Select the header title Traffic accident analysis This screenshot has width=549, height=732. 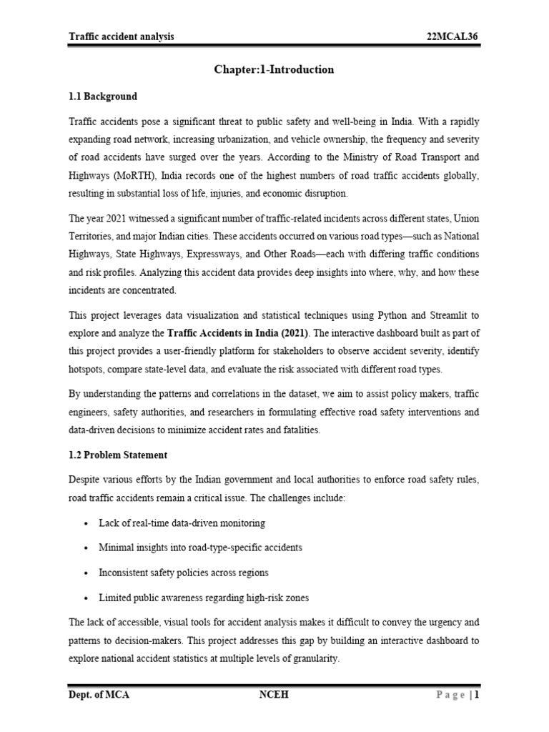point(121,36)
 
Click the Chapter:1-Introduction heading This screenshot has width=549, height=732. point(274,69)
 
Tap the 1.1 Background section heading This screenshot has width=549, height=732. point(103,96)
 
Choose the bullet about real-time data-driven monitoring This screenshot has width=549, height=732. point(182,523)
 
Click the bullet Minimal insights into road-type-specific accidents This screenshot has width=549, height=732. point(200,548)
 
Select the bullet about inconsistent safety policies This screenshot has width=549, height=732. point(184,573)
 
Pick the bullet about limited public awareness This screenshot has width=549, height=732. point(204,598)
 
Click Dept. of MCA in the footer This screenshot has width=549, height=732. point(99,695)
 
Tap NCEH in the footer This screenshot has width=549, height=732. point(274,695)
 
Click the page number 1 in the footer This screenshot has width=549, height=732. point(476,695)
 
